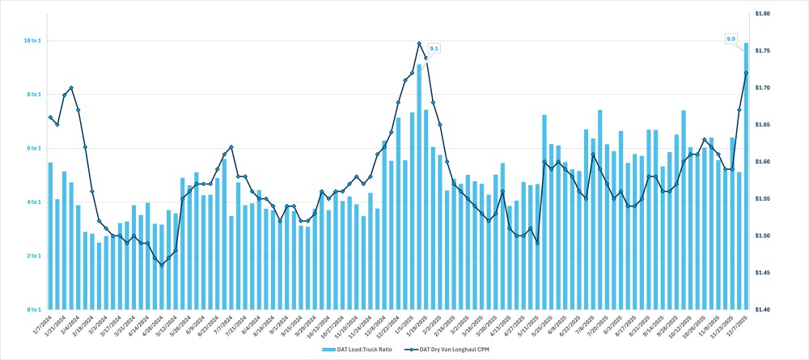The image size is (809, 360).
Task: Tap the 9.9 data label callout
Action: click(x=731, y=39)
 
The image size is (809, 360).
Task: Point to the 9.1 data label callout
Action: click(x=434, y=49)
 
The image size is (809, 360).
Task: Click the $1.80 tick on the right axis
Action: click(x=763, y=14)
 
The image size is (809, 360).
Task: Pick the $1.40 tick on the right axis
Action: click(x=763, y=310)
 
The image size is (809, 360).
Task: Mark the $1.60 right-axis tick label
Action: click(x=763, y=162)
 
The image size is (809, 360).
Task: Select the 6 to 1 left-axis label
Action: click(x=32, y=148)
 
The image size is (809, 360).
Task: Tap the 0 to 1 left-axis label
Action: click(x=32, y=310)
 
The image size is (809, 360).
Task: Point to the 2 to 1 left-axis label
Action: click(x=32, y=256)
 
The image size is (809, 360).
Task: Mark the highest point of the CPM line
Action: click(x=419, y=44)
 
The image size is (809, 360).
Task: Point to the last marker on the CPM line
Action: click(x=746, y=73)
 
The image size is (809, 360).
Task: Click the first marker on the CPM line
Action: click(x=50, y=117)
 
